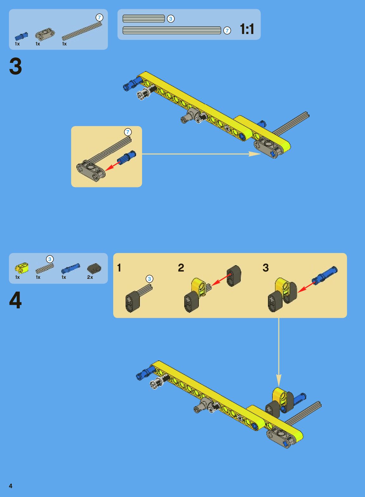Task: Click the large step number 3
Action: point(16,66)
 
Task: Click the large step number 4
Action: point(16,300)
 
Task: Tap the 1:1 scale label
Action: point(247,29)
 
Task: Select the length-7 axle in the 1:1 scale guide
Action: point(172,30)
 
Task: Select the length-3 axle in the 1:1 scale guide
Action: point(144,19)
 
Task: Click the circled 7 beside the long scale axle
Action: point(227,30)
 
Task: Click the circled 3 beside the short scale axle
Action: point(171,19)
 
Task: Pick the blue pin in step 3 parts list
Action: point(21,36)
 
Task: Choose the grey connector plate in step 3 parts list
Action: point(45,34)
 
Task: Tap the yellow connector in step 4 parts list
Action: point(22,267)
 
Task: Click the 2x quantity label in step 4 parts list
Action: point(90,277)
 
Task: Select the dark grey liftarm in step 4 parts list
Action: point(94,268)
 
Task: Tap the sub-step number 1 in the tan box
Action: point(119,268)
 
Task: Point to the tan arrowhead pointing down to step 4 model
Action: point(279,380)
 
